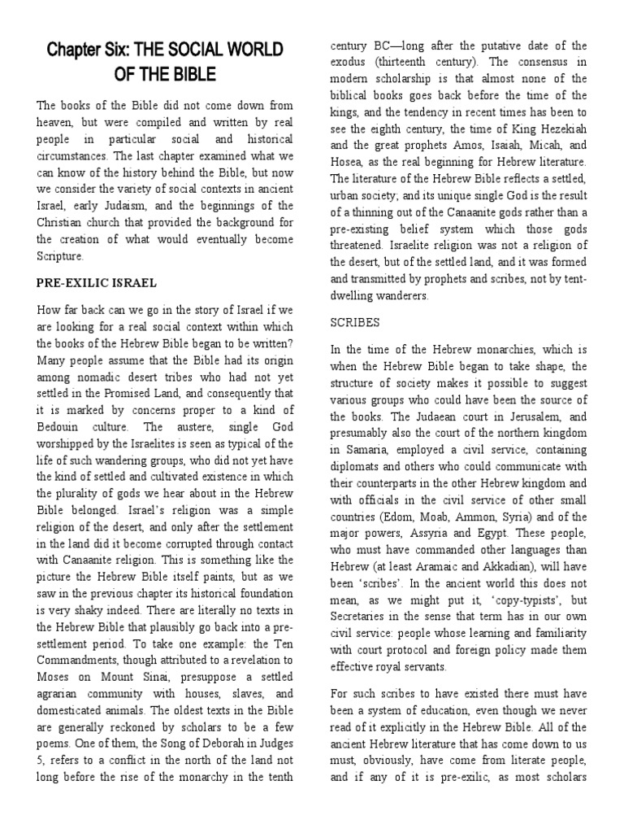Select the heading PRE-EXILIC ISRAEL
click(x=97, y=283)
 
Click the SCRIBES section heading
click(x=355, y=322)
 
